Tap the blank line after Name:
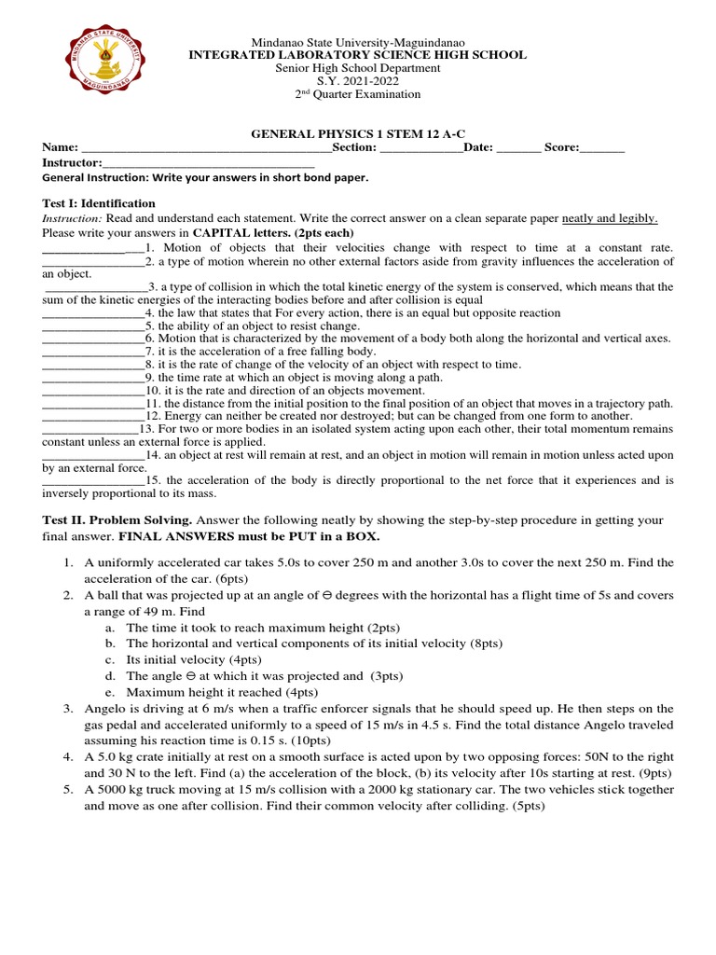[205, 148]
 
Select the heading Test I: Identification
[99, 203]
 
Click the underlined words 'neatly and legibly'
[610, 218]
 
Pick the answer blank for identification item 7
[93, 352]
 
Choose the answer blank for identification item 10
[93, 390]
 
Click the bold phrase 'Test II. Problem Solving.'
[117, 519]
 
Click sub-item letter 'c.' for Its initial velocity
[110, 658]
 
